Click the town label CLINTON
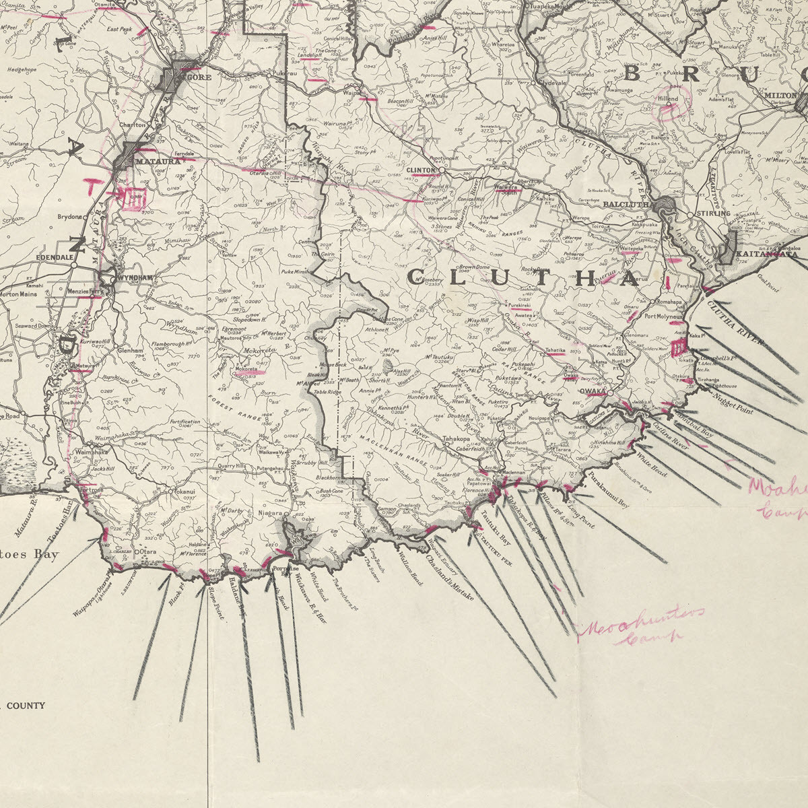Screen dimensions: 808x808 click(x=422, y=170)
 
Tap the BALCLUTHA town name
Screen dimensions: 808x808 click(x=629, y=203)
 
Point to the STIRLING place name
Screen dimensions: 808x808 click(x=712, y=213)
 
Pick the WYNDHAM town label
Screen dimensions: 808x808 click(x=135, y=277)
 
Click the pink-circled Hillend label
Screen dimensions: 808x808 click(x=669, y=99)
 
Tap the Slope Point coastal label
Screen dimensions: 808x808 click(x=215, y=603)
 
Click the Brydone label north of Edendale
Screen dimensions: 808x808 click(x=70, y=217)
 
